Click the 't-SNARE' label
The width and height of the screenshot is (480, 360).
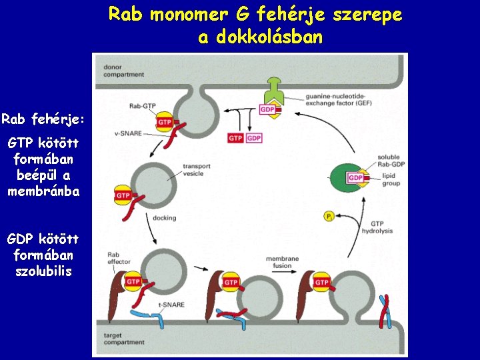(171, 305)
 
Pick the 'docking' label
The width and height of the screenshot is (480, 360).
(164, 218)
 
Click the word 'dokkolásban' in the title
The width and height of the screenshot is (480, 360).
(260, 37)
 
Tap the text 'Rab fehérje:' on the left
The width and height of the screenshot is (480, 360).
(43, 119)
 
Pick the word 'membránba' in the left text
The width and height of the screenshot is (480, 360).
(43, 191)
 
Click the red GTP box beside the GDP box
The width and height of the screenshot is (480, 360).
(235, 138)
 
